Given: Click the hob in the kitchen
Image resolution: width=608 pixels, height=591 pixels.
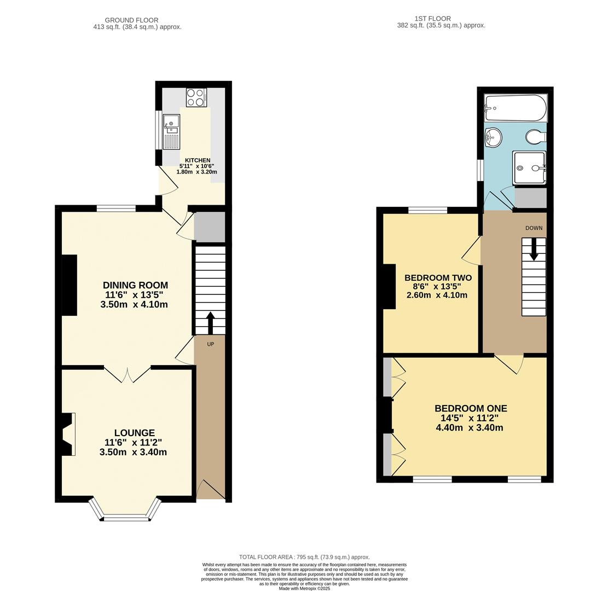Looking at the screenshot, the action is (196, 97).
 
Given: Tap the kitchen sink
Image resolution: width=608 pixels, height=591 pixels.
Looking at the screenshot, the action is (171, 131).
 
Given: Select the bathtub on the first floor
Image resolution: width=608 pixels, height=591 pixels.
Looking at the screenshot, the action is (516, 108).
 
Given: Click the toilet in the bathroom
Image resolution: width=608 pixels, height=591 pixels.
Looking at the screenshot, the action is (536, 136).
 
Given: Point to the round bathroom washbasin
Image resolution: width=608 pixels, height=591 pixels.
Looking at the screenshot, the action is (493, 137).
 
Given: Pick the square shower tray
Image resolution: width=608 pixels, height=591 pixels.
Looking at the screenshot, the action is (529, 168).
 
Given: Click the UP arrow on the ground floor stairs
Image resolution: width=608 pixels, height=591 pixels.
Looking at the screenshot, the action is (210, 323).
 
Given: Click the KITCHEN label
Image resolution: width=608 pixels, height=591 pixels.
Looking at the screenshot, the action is (198, 160).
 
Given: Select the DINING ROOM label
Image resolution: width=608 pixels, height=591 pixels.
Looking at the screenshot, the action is (135, 286).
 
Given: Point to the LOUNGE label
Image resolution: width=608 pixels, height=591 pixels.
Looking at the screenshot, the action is (135, 433).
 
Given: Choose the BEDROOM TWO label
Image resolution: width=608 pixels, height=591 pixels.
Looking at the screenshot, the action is (438, 277).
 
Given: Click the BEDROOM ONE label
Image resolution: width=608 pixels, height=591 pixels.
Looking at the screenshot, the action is (471, 408).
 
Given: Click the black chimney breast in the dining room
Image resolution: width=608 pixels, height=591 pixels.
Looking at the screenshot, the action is (70, 285).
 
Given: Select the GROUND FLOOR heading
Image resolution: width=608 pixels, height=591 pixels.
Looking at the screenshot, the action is (131, 20).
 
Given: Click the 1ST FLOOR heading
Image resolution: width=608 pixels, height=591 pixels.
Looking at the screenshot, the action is (433, 19).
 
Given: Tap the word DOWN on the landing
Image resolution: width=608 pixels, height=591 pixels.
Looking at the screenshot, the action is (534, 228).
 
